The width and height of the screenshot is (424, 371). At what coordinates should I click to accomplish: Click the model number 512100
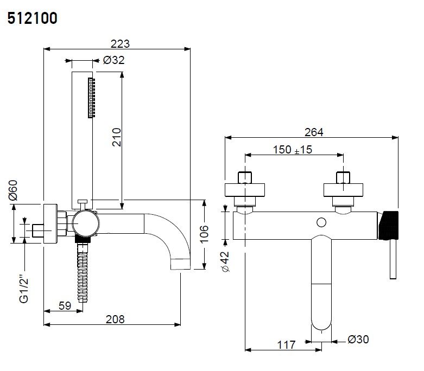tap(33, 18)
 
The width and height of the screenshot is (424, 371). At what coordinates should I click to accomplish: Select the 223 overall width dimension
tap(121, 44)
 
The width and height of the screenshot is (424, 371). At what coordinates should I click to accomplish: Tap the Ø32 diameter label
tap(113, 60)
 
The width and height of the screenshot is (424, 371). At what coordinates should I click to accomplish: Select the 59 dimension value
tap(65, 305)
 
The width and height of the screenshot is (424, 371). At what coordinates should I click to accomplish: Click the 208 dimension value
tap(115, 319)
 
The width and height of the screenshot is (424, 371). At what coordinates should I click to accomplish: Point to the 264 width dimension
tap(313, 132)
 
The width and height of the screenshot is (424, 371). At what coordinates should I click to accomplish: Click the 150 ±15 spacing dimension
tap(292, 150)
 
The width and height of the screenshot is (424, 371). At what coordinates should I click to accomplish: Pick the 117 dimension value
tap(285, 344)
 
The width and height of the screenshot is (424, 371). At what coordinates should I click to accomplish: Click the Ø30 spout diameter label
tap(358, 340)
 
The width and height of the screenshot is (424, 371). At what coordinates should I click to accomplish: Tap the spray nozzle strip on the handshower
tap(91, 98)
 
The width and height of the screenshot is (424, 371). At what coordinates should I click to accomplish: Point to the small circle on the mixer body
tap(321, 222)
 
